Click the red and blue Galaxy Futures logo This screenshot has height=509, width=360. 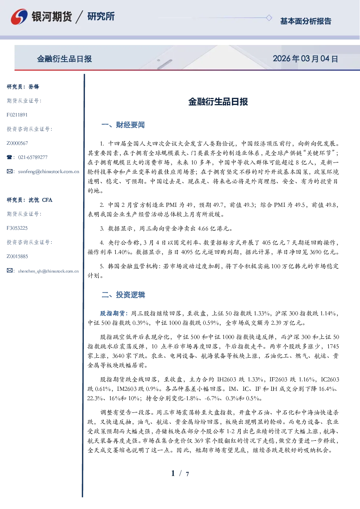(19, 17)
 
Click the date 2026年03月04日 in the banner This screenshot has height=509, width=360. (305, 59)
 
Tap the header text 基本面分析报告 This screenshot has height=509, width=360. (306, 21)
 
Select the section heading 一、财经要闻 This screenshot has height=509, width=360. (123, 125)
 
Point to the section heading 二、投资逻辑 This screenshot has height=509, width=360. (123, 295)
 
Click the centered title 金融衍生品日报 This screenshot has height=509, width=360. (218, 102)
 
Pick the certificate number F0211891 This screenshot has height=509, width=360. (17, 115)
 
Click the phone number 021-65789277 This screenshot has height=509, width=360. (33, 157)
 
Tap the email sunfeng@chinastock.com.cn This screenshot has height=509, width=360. (49, 172)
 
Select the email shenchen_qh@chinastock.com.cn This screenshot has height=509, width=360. (48, 271)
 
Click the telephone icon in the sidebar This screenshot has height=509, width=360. (9, 157)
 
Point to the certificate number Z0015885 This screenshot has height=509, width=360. (17, 256)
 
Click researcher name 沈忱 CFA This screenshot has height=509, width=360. (40, 200)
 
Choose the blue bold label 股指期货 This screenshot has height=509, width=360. (112, 313)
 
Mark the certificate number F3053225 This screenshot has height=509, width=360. (17, 228)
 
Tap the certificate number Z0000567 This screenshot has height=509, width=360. (17, 143)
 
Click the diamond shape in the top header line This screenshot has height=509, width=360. (269, 18)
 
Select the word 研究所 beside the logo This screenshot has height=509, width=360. (101, 16)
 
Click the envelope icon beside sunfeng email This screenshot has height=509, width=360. (9, 172)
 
